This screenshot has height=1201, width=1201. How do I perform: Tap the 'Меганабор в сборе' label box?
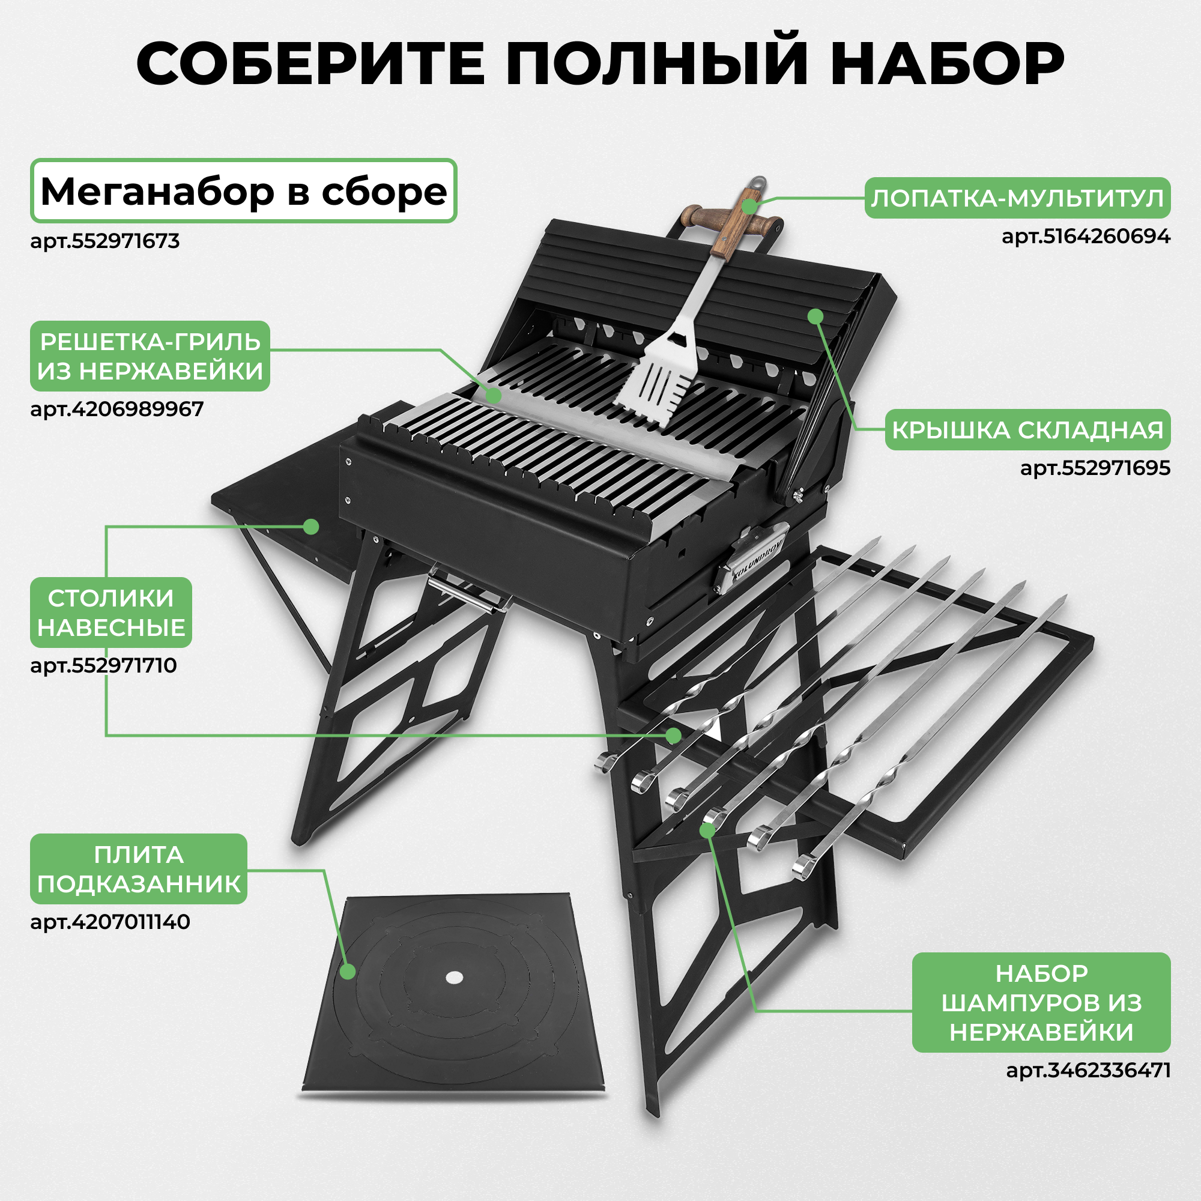pyautogui.click(x=244, y=192)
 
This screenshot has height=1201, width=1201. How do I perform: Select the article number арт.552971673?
pyautogui.click(x=105, y=241)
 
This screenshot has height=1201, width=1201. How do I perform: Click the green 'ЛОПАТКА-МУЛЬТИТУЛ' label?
pyautogui.click(x=1017, y=198)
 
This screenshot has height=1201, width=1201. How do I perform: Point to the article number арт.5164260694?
pyautogui.click(x=1086, y=236)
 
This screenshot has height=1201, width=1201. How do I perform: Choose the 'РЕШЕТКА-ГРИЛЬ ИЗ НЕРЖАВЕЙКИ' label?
pyautogui.click(x=150, y=356)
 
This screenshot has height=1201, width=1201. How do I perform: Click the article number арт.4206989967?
pyautogui.click(x=117, y=409)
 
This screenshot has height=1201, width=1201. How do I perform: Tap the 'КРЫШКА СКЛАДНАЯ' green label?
pyautogui.click(x=1027, y=429)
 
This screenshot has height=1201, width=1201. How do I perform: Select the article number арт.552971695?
pyautogui.click(x=1095, y=467)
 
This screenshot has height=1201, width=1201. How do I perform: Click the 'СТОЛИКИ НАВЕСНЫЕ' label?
pyautogui.click(x=111, y=613)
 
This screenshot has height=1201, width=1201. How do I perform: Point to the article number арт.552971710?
pyautogui.click(x=104, y=666)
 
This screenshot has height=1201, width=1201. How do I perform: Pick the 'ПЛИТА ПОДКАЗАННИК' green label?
pyautogui.click(x=139, y=868)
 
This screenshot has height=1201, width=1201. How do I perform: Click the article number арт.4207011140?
pyautogui.click(x=110, y=921)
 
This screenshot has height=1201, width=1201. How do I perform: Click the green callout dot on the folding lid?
pyautogui.click(x=815, y=316)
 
